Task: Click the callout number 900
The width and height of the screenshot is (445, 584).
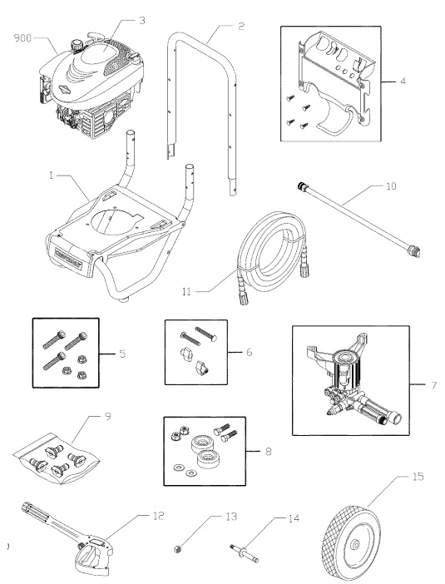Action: (25, 38)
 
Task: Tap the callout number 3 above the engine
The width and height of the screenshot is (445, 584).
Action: (142, 18)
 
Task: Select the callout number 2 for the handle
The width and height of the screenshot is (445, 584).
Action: (240, 26)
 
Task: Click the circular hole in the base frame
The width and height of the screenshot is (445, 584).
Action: (112, 223)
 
